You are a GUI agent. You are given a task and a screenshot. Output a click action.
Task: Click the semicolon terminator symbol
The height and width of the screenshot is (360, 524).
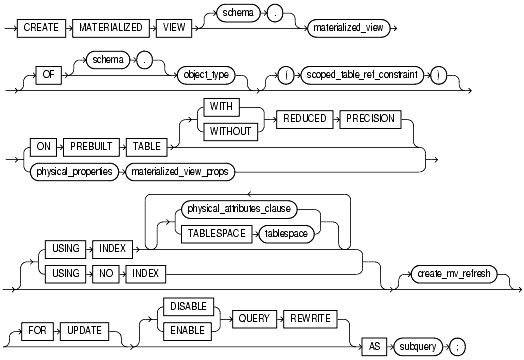coord(498,343)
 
